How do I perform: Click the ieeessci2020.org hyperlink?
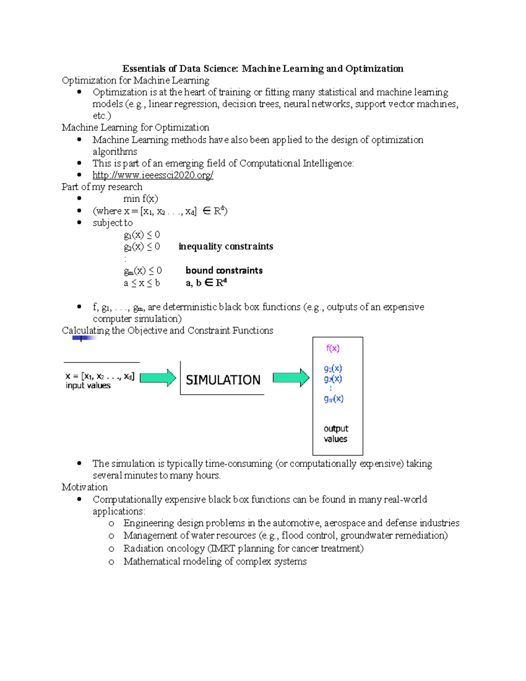pos(153,175)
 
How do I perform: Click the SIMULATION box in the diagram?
pos(223,380)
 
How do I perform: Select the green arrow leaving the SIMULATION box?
pos(291,378)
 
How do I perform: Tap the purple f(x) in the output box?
pos(333,349)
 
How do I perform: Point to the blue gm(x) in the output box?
pos(334,399)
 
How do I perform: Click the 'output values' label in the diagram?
pos(336,434)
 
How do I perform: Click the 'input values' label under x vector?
pos(88,385)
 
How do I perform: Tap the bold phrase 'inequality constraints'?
pos(225,246)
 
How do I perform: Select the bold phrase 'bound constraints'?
pos(224,271)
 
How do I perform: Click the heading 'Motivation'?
pos(85,487)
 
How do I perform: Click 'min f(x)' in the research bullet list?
pos(140,199)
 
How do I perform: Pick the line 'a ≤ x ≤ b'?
pos(142,283)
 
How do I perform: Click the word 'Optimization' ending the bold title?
pos(374,69)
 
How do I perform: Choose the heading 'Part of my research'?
pos(102,187)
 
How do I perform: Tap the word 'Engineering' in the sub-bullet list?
pos(149,523)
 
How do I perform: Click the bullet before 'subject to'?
pos(79,222)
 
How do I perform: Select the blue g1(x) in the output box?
pos(333,368)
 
